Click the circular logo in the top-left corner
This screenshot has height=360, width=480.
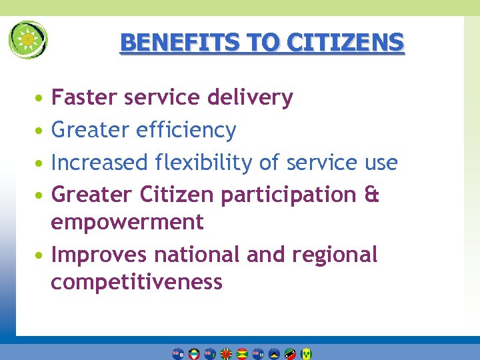(27, 39)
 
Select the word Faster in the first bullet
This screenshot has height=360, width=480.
(82, 98)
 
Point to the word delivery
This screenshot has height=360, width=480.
(250, 98)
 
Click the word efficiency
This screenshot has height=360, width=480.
(186, 130)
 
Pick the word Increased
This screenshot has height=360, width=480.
(99, 163)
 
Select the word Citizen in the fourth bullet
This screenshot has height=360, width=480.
(177, 195)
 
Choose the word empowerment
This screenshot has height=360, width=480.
(127, 222)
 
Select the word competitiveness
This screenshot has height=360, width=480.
(137, 282)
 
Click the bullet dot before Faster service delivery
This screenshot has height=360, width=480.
(41, 99)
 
